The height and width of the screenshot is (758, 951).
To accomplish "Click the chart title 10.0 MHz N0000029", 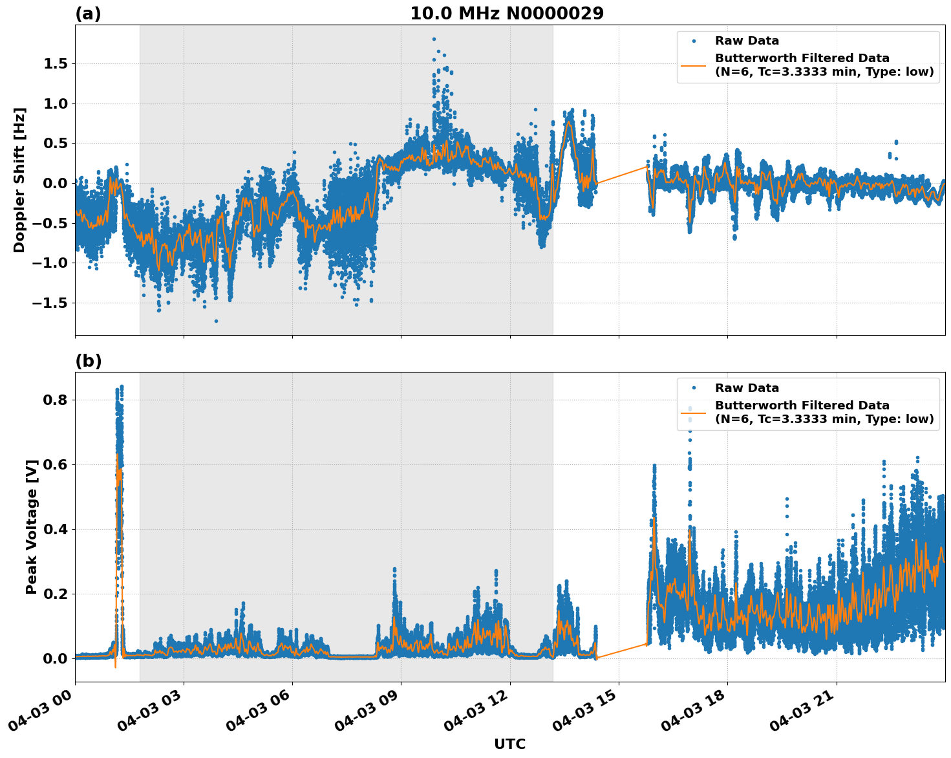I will pos(507,14).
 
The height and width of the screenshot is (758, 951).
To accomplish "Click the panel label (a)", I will pos(88,14).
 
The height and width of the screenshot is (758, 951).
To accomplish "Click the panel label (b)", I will pos(88,361).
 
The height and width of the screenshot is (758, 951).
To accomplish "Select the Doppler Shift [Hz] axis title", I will pos(19,180).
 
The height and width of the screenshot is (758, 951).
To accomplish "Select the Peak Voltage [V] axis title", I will pos(32,526).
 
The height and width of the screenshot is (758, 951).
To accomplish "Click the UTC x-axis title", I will pos(509,744).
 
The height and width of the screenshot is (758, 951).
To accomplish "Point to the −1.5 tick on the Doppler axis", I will pos(50,303).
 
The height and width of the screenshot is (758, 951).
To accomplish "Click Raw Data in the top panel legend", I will pos(747,41).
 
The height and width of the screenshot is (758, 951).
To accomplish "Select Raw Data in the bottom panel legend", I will pos(747,388).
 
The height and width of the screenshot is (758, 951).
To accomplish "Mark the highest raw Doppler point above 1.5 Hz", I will pos(434,39).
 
